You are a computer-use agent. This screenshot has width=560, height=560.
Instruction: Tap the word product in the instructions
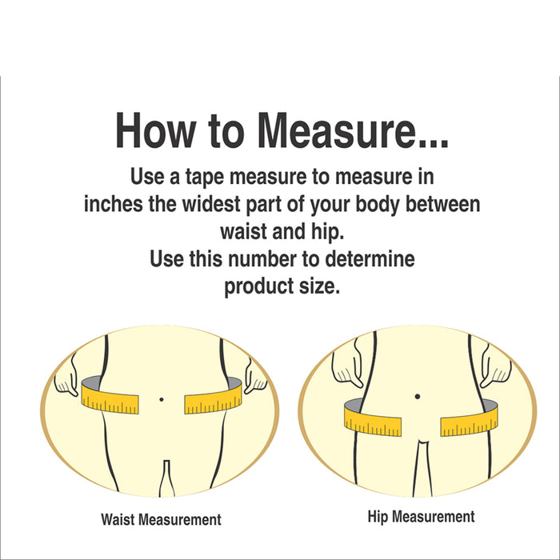(x=254, y=287)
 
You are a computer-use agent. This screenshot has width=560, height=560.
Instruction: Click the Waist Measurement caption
(x=161, y=519)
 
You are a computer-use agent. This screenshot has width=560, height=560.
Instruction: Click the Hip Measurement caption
(x=421, y=517)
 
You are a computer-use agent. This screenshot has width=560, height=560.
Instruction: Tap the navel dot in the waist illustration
(x=162, y=398)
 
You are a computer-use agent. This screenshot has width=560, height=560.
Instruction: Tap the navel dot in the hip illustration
(x=417, y=395)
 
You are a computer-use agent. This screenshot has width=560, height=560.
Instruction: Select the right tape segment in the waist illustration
(x=213, y=398)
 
